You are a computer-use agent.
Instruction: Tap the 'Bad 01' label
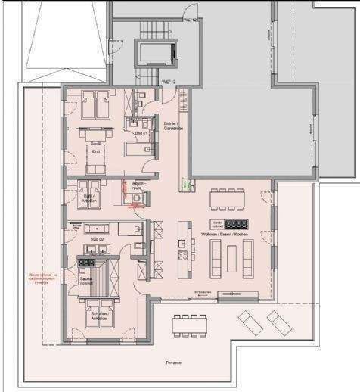pyautogui.click(x=139, y=133)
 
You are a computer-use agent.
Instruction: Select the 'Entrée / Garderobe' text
pyautogui.click(x=173, y=127)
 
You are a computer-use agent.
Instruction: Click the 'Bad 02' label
pyautogui.click(x=96, y=238)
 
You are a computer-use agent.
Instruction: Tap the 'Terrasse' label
pyautogui.click(x=174, y=363)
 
